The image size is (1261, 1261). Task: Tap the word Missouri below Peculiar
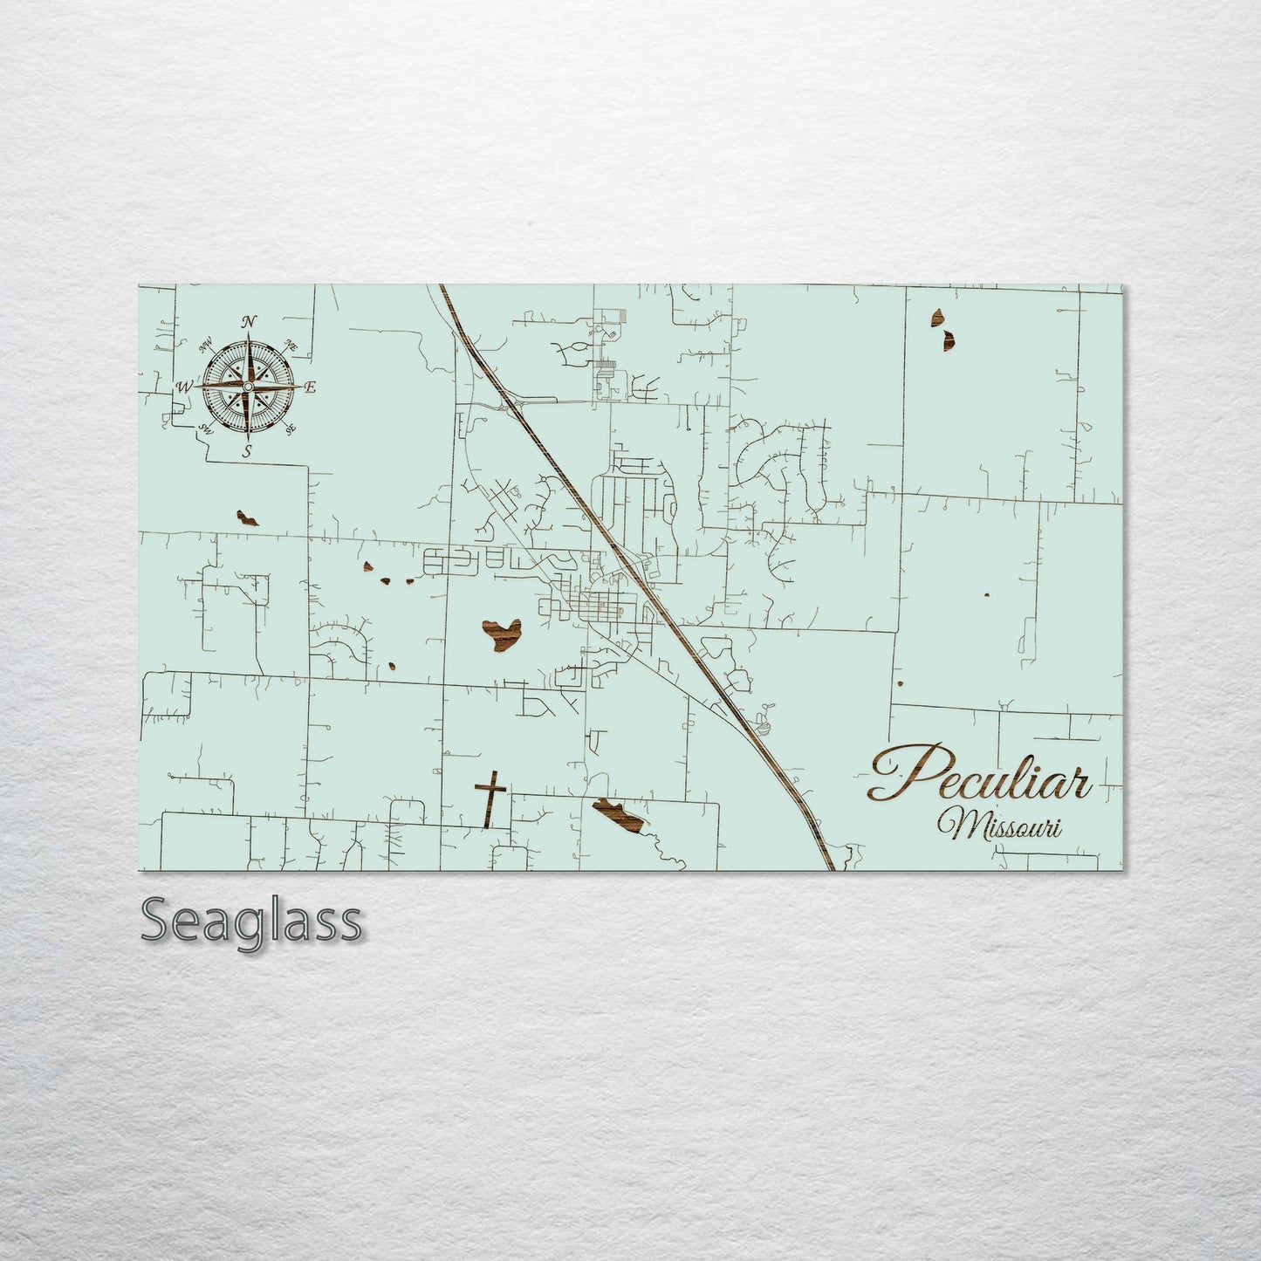click(x=1000, y=825)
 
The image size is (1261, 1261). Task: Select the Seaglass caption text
click(x=250, y=921)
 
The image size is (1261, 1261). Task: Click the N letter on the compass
click(x=249, y=322)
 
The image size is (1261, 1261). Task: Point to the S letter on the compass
click(x=248, y=451)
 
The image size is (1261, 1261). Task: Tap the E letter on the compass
click(x=311, y=387)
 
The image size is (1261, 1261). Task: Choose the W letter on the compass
click(x=184, y=387)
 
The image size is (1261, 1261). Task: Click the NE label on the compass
click(x=291, y=346)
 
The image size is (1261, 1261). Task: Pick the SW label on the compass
click(x=207, y=428)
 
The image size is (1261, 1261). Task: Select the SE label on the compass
click(x=291, y=428)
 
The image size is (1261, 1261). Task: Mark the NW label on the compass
click(x=208, y=346)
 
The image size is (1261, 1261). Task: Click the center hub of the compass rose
click(x=248, y=386)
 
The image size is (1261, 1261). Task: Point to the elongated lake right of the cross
click(x=619, y=814)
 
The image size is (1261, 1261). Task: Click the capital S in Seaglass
click(x=156, y=922)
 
